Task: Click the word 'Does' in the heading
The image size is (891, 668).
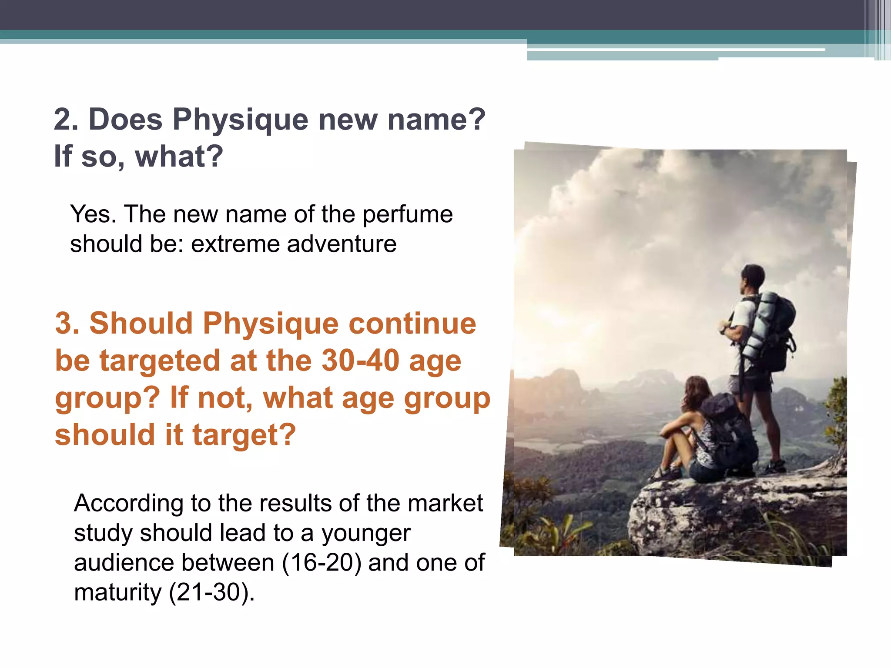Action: click(x=125, y=119)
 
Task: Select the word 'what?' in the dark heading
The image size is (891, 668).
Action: click(x=179, y=157)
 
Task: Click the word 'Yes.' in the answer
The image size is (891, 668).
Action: click(x=93, y=214)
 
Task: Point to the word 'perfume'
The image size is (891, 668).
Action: click(x=408, y=215)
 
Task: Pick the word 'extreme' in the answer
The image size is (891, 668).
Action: click(x=235, y=244)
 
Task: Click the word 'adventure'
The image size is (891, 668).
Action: click(x=342, y=244)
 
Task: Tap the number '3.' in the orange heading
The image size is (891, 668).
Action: click(x=67, y=324)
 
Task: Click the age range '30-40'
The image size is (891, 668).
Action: click(x=360, y=361)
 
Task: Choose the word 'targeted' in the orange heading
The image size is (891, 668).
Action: click(x=160, y=361)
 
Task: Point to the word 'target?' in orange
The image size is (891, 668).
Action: click(x=244, y=435)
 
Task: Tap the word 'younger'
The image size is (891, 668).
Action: click(x=366, y=534)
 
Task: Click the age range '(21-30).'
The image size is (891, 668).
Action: click(x=211, y=592)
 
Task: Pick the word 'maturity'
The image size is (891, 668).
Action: click(x=117, y=592)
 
